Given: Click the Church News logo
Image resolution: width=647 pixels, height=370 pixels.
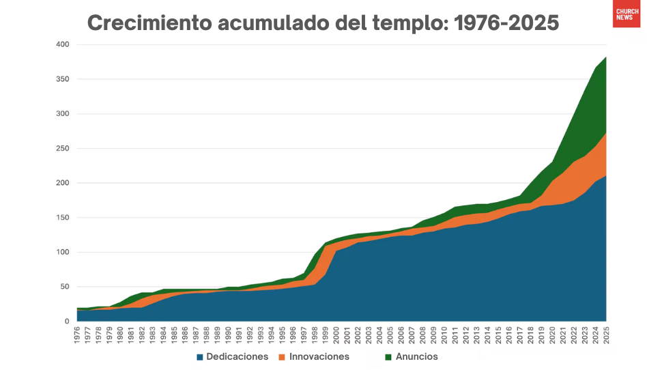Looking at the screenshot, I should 626,14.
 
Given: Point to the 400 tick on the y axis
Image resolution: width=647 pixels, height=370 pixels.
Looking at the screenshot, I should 63,44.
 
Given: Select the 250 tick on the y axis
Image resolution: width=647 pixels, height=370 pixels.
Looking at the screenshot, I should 63,149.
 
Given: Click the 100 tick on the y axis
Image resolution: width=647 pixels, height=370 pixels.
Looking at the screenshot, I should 63,253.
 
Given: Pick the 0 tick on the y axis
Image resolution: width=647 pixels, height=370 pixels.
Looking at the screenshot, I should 66,322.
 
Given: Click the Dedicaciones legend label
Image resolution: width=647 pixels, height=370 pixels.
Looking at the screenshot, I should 238,357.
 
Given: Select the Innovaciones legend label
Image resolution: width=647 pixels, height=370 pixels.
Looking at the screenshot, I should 319,357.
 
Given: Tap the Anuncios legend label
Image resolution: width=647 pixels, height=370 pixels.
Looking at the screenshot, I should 416,357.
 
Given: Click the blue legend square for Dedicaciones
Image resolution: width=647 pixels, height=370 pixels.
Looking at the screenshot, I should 201,357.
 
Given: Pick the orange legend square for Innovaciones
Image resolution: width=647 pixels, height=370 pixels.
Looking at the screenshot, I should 282,357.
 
